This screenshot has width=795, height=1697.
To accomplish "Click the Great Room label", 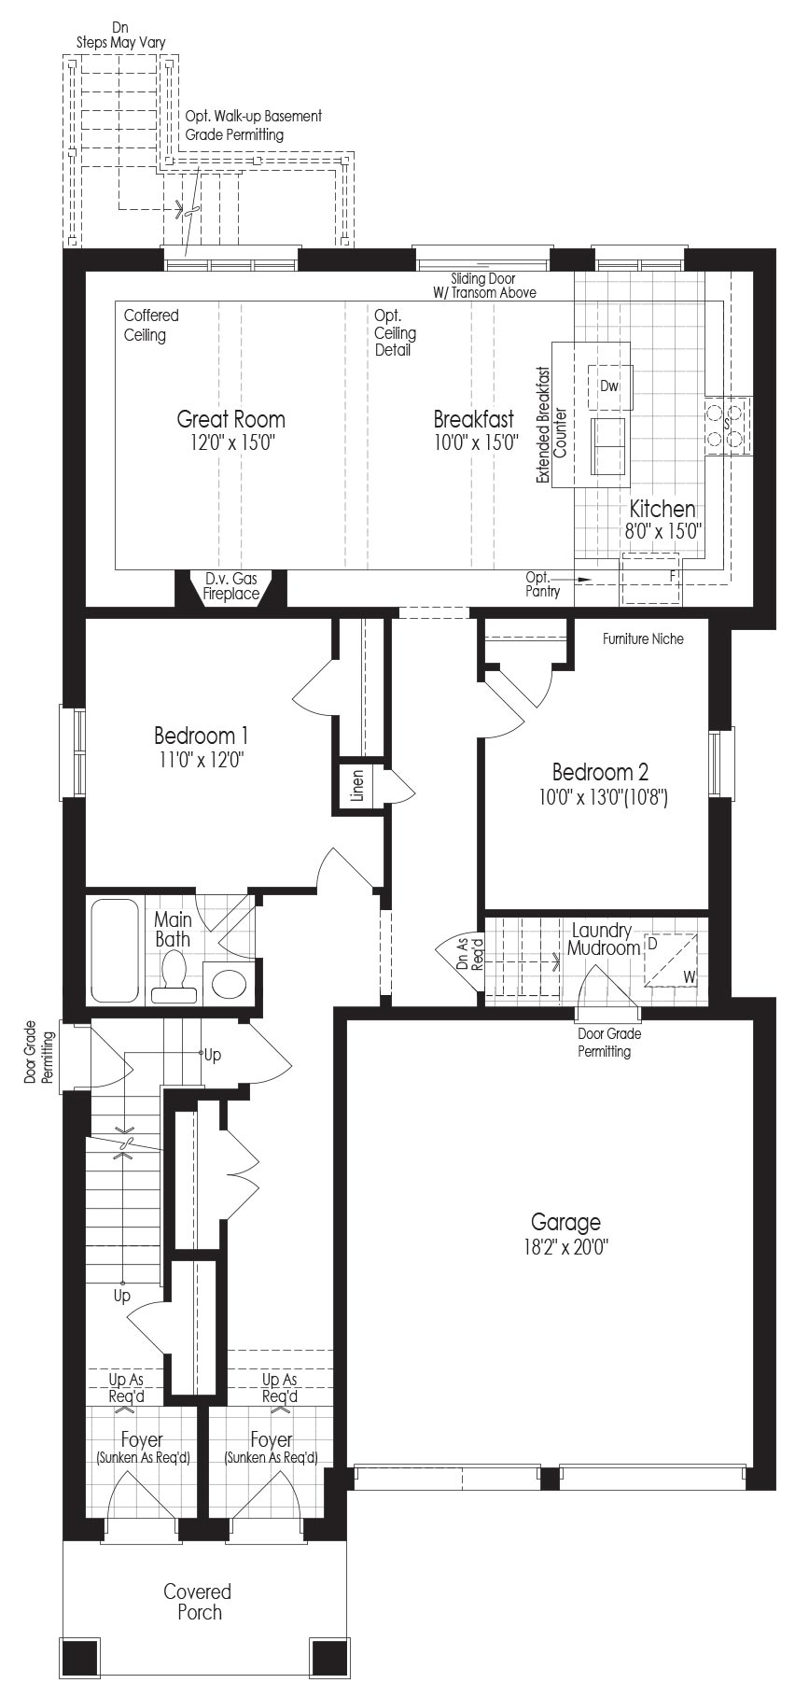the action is click(230, 419).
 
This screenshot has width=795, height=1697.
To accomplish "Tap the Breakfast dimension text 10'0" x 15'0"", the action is click(476, 442).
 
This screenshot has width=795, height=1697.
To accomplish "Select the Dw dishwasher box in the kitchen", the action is click(609, 386).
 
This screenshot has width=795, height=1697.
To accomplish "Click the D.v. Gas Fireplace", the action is click(231, 587).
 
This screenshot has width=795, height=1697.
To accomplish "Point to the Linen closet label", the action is click(357, 786).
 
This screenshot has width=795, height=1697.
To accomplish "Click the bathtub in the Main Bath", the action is click(115, 949).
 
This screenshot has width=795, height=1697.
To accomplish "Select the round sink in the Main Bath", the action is click(228, 983).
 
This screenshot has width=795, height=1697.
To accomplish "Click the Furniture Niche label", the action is click(643, 638).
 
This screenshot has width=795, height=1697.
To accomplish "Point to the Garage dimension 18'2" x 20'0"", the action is click(565, 1246).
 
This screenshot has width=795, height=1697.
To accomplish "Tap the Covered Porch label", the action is click(198, 1601).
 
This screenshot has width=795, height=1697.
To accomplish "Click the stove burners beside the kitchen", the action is click(728, 425).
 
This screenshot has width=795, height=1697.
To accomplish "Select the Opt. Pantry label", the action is click(542, 584).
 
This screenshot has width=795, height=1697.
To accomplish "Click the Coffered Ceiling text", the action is click(151, 325).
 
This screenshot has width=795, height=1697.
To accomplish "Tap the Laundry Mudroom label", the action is click(603, 939).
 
